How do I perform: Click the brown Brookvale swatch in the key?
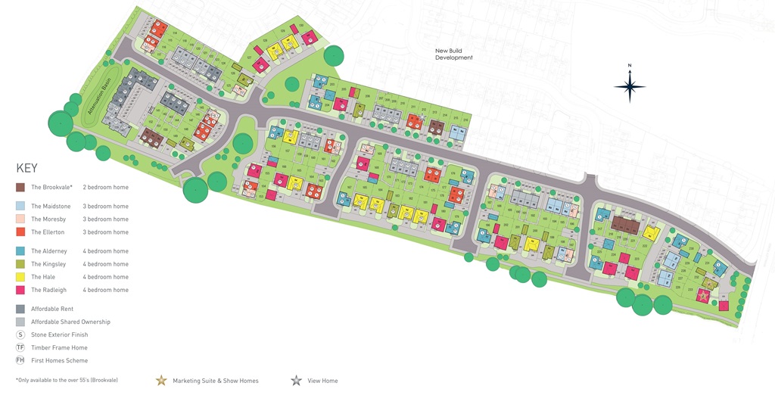tap(20, 187)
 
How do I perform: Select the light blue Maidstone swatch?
tap(20, 206)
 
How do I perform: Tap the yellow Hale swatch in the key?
tap(20, 277)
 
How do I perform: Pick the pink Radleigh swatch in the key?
tap(20, 290)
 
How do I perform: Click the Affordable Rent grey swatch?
tap(20, 309)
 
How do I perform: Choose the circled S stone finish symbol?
tap(20, 334)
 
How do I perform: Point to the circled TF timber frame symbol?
tap(20, 347)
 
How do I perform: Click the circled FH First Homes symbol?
tap(20, 360)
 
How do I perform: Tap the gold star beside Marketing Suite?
tap(160, 381)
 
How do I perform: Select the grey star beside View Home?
tap(295, 381)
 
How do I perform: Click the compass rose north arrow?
tap(630, 86)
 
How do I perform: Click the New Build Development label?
tap(453, 54)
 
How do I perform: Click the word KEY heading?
tap(26, 168)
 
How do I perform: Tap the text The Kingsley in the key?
tap(48, 264)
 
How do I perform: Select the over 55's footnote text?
tap(67, 380)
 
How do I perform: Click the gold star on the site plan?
tap(704, 296)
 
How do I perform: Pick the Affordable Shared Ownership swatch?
tap(20, 322)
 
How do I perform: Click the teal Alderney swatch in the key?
tap(20, 251)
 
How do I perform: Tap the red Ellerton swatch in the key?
tap(20, 232)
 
